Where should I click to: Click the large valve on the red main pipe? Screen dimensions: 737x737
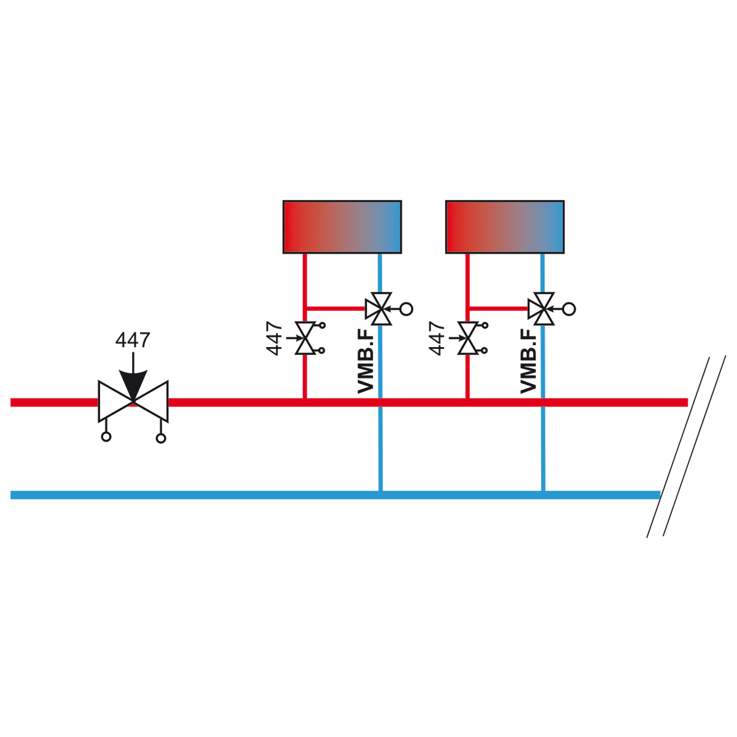point(133,401)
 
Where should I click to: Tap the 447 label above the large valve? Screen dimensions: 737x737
point(133,340)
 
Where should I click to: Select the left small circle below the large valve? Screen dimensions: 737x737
point(106,437)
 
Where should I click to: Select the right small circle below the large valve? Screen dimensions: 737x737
point(161,438)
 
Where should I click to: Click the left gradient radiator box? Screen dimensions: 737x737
point(342,227)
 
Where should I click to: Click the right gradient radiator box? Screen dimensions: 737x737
point(504,227)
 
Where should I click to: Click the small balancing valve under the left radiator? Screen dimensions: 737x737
point(305,338)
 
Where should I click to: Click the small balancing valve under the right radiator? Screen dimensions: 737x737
point(468,338)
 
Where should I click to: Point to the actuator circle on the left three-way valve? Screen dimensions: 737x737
point(407,309)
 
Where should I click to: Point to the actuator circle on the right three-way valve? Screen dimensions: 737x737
point(569,309)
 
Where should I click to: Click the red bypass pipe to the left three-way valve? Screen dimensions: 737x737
point(336,308)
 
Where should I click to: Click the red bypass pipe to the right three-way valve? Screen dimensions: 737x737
point(498,308)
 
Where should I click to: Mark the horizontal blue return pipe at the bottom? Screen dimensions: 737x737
point(335,495)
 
